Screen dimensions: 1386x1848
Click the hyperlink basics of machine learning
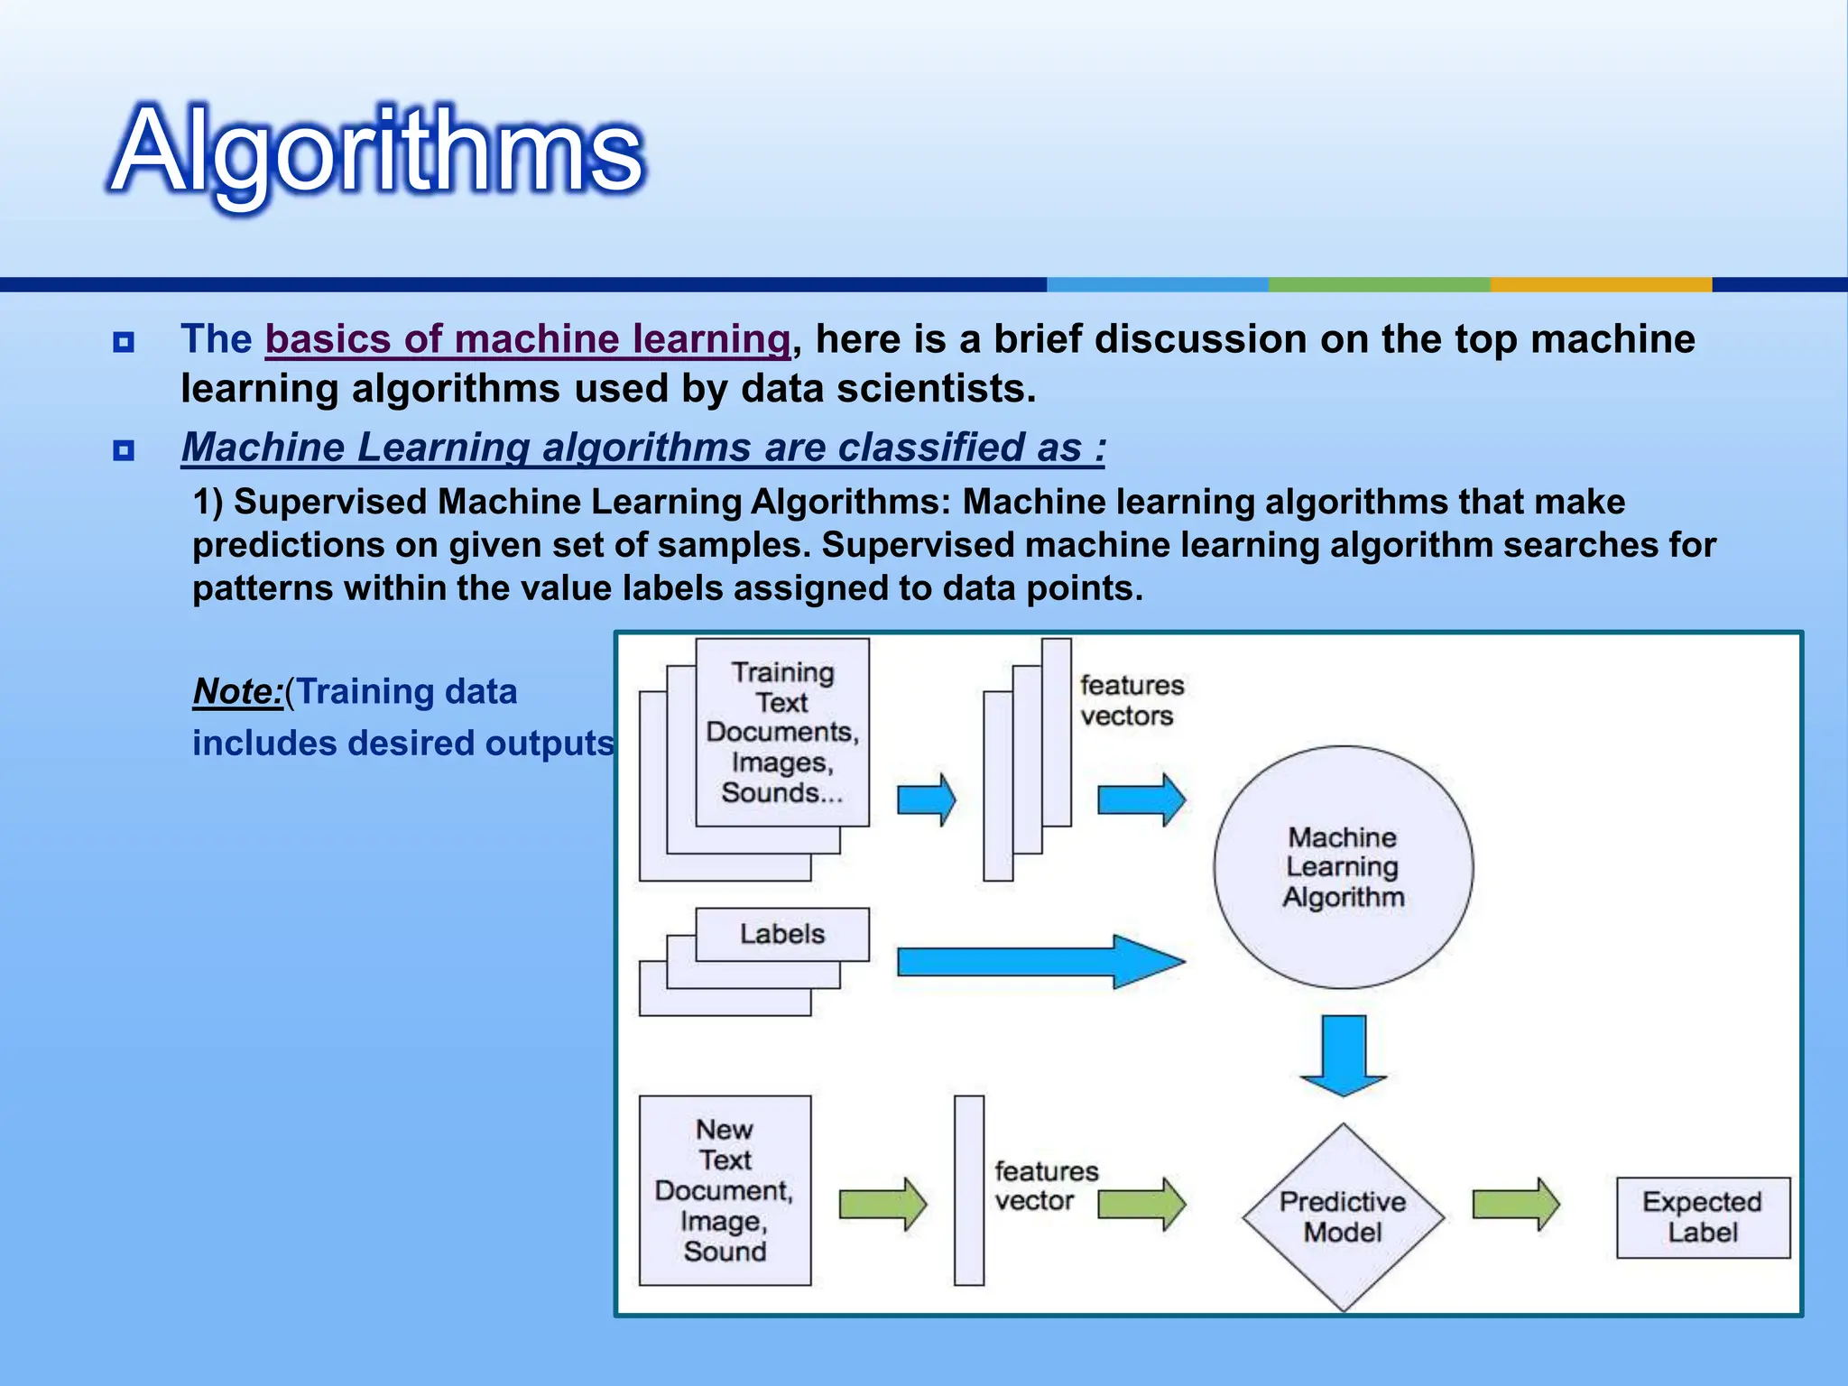point(528,339)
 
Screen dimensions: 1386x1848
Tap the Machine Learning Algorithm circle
point(1343,867)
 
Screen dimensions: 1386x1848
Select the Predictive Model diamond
point(1343,1216)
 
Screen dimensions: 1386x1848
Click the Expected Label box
point(1702,1217)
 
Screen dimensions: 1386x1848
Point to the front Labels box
point(782,934)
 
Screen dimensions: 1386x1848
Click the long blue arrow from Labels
point(1038,962)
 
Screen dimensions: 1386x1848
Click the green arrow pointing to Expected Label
point(1515,1204)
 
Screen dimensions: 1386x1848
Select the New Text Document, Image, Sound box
point(725,1190)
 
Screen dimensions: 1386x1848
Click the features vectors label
point(1132,700)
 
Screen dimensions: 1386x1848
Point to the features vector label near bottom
point(1046,1186)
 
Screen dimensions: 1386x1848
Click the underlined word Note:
point(237,692)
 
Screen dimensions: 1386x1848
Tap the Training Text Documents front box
point(782,732)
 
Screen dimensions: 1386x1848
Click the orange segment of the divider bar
point(1600,284)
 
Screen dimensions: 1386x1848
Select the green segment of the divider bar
point(1379,284)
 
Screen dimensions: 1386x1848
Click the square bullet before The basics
point(124,342)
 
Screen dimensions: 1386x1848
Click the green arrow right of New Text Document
point(882,1204)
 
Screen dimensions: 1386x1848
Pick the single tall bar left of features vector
point(969,1190)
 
